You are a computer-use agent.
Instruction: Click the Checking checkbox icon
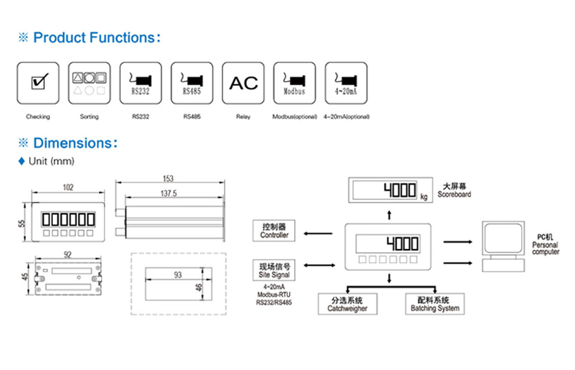click(38, 83)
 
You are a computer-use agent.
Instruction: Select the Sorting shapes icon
click(89, 83)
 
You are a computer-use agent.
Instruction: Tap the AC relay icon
click(243, 83)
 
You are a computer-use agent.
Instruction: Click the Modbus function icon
click(294, 83)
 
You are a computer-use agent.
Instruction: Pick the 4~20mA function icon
click(346, 83)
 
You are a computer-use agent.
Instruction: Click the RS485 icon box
click(192, 83)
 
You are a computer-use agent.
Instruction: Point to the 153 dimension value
click(168, 179)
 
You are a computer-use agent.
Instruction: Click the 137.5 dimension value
click(168, 193)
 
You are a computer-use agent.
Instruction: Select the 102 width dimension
click(68, 188)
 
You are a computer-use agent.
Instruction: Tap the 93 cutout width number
click(178, 275)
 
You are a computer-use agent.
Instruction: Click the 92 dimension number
click(67, 255)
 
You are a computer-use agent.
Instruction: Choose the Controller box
click(274, 230)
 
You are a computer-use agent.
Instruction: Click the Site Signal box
click(274, 270)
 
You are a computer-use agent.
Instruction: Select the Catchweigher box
click(347, 304)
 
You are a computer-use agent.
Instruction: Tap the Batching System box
click(435, 304)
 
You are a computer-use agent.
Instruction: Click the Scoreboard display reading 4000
click(390, 190)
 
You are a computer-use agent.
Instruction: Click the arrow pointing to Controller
click(318, 233)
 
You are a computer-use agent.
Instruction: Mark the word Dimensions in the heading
click(73, 143)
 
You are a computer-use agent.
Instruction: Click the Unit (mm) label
click(51, 161)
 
